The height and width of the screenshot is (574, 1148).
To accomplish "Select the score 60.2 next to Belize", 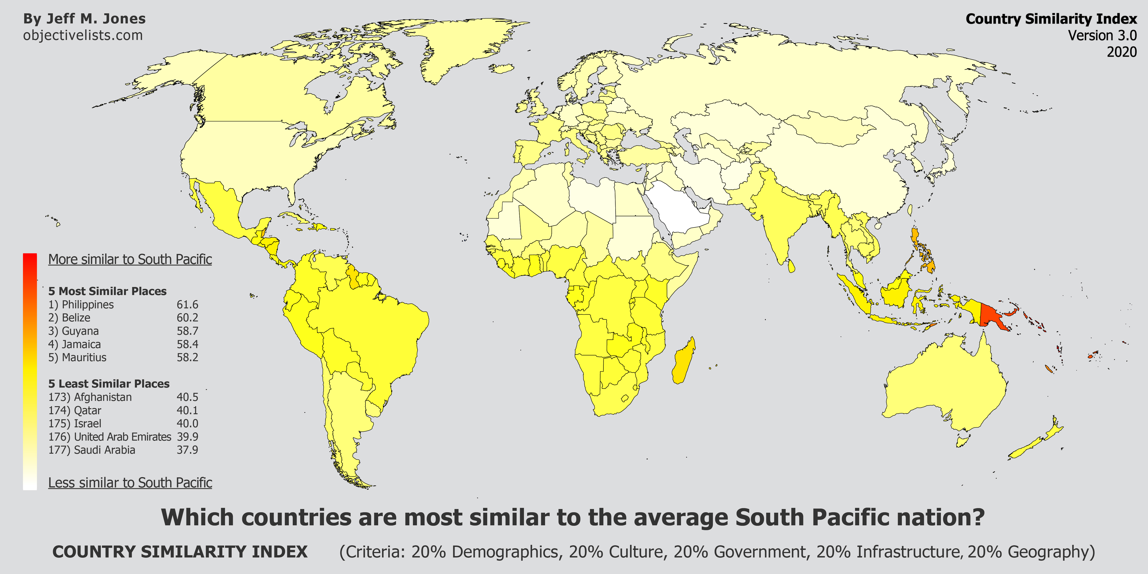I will [x=187, y=318].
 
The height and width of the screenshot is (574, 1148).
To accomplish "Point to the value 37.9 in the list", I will [x=187, y=450].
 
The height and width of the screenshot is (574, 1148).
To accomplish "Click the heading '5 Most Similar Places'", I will [x=107, y=291].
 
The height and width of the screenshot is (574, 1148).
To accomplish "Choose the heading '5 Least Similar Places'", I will [x=109, y=384].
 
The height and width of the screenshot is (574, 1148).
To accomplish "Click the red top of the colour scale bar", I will [x=30, y=261].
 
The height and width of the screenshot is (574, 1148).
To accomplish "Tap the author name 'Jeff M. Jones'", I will [x=96, y=19].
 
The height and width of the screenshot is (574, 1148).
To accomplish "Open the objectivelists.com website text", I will [x=83, y=35].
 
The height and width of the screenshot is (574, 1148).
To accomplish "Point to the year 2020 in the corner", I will [x=1121, y=52].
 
